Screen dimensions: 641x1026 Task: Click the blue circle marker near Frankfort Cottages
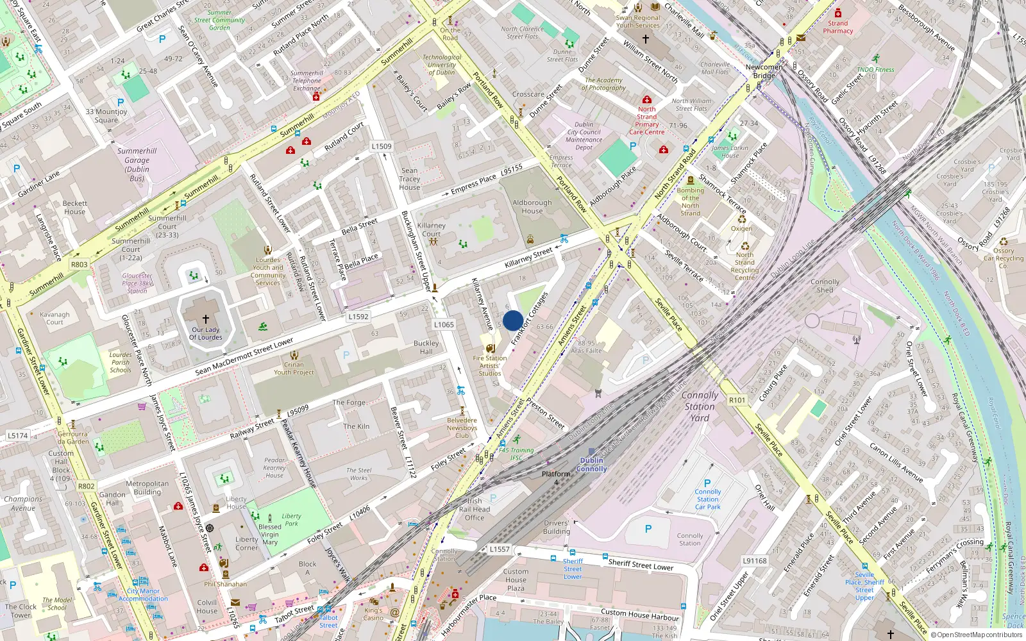pos(513,320)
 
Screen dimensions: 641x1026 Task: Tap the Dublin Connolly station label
pos(591,465)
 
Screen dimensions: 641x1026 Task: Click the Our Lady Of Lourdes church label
pos(206,334)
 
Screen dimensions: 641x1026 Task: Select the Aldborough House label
pos(532,206)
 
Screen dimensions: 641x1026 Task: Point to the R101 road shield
pos(737,400)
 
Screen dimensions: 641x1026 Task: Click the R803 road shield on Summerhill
pos(80,264)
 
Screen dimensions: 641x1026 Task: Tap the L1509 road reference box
pos(382,146)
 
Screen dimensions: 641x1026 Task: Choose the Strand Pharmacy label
pos(838,27)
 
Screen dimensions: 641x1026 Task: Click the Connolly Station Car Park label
pos(708,499)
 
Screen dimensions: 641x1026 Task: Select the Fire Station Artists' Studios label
pos(490,366)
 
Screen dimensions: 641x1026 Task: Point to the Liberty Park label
pos(291,519)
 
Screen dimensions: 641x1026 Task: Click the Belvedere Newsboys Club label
pos(462,428)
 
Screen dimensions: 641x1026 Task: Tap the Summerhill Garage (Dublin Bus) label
pos(137,165)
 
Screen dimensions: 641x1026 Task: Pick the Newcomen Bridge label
pos(764,71)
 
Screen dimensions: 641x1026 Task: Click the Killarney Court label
pos(432,229)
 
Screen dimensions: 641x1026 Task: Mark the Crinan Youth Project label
pos(294,369)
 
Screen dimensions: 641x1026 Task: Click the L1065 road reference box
pos(444,324)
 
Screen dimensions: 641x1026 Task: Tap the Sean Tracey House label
pos(410,179)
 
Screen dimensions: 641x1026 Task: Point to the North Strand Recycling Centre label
pos(744,266)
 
